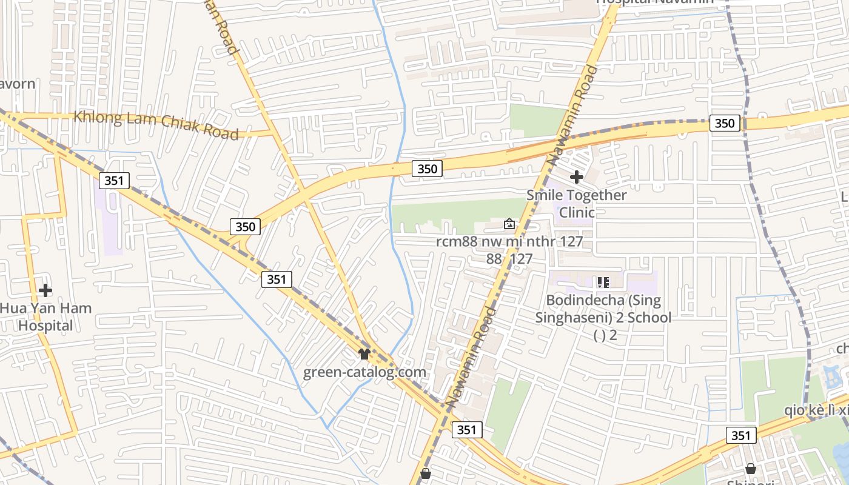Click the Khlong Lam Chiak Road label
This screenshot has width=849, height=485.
tap(156, 125)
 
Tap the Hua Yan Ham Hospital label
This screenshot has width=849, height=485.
tap(45, 316)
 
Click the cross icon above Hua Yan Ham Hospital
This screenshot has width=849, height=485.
tap(45, 290)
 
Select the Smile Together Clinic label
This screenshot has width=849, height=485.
tap(576, 204)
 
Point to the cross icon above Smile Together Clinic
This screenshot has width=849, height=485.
tap(577, 177)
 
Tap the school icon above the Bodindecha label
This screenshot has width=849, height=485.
tap(603, 282)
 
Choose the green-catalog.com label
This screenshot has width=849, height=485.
tap(364, 372)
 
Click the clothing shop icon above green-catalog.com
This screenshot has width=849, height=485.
tap(364, 353)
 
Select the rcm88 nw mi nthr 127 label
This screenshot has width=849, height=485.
tap(509, 242)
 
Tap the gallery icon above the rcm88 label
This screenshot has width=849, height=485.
tap(509, 224)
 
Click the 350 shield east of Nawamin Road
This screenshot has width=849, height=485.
tap(724, 123)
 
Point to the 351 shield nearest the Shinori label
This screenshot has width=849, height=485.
tap(740, 435)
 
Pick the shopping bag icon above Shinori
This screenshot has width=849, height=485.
tap(751, 469)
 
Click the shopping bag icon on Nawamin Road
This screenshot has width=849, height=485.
tap(426, 473)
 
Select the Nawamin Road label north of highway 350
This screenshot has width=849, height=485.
tap(572, 115)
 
